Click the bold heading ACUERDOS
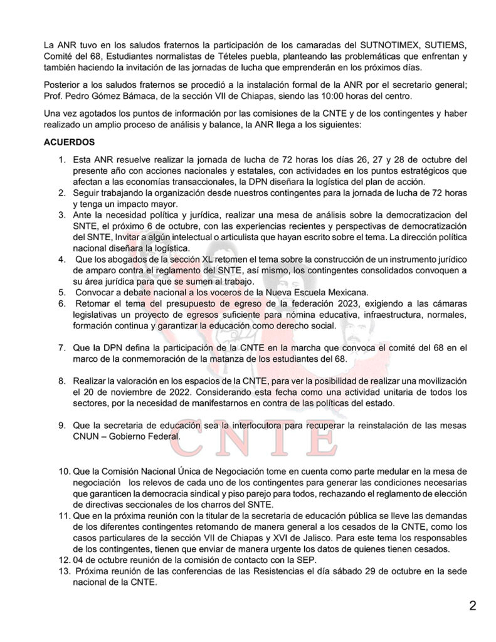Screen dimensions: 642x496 tap(69, 142)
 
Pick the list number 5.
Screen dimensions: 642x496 tap(61, 292)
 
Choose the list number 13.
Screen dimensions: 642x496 tap(63, 571)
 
